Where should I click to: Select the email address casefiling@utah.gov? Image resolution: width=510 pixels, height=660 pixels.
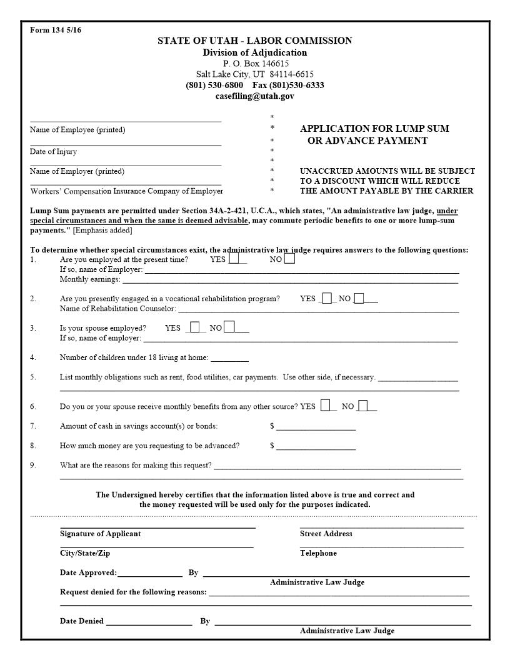coord(254,96)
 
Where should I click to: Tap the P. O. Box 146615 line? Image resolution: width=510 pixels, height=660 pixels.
coord(254,63)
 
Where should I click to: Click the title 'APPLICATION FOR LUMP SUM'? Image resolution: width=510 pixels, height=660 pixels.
coord(374,129)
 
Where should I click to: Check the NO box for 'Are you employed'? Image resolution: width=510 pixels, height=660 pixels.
coord(289,259)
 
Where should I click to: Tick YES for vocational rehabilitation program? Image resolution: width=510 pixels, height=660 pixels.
coord(327,298)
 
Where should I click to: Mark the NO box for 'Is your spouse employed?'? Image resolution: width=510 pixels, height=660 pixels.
coord(229,327)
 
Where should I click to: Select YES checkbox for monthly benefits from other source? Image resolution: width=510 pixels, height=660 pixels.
coord(326,406)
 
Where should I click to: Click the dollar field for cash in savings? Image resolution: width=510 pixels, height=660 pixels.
coord(316,426)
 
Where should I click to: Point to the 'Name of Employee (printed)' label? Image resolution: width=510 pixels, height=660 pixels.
coord(77,130)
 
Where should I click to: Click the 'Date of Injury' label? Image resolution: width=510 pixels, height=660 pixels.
coord(53,152)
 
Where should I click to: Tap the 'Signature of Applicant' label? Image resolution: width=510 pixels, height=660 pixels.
coord(100,534)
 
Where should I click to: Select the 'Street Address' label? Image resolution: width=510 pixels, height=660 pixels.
coord(326,534)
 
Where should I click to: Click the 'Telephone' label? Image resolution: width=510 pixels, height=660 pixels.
coord(318,553)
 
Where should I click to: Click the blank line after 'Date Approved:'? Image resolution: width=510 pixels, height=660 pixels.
coord(149,572)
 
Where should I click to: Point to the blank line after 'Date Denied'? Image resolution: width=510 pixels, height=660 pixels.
coord(149,621)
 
